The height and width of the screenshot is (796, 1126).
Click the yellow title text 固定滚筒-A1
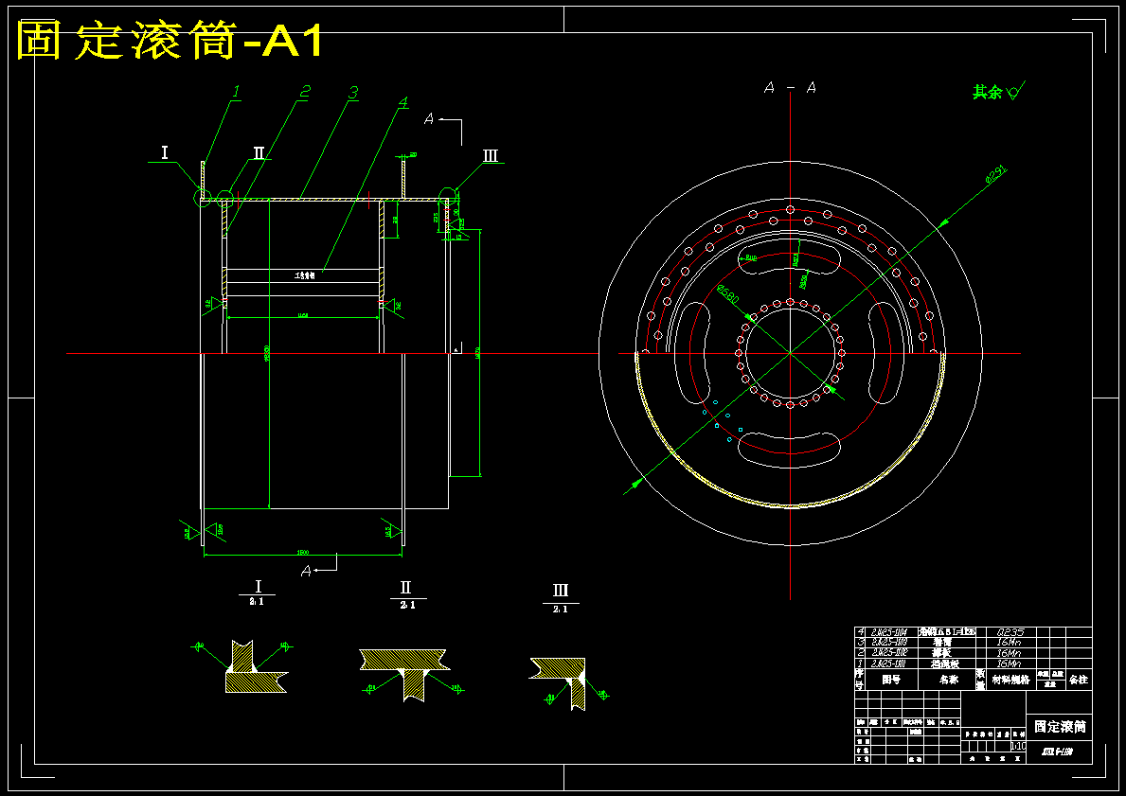[170, 42]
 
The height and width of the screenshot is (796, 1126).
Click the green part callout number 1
[236, 92]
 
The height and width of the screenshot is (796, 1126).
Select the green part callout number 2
[305, 92]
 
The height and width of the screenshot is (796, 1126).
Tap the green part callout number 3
[352, 93]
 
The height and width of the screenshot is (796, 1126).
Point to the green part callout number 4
[402, 102]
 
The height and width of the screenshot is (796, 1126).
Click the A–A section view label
[790, 88]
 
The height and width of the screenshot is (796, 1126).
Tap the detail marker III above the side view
[490, 156]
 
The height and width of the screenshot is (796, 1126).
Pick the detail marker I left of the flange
[164, 152]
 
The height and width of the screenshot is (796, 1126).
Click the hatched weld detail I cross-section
[253, 668]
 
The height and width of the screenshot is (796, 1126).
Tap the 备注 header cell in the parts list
[1079, 679]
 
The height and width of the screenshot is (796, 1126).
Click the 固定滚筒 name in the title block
[1059, 727]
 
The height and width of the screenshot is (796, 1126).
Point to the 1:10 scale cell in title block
[1017, 746]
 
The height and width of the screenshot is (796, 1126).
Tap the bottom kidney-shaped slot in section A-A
[789, 447]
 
